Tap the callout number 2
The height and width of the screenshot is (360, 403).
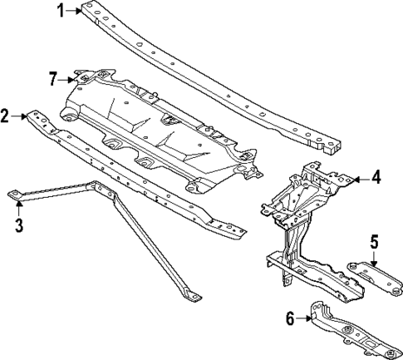click(7, 116)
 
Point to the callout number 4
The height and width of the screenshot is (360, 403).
click(376, 178)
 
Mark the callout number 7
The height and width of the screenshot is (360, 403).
click(53, 79)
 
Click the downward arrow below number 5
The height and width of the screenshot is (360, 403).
click(374, 258)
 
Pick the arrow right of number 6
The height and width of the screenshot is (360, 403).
click(305, 317)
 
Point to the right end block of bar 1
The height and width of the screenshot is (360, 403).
click(332, 147)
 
